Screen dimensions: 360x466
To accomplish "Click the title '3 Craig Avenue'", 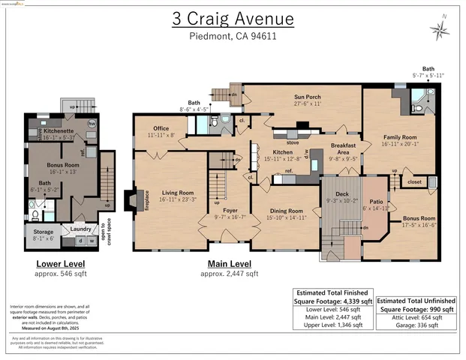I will point(232,19).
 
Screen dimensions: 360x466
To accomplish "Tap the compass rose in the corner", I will point(439,28).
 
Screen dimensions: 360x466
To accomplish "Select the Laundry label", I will point(80,228).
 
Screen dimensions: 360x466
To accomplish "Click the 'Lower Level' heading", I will point(61,264).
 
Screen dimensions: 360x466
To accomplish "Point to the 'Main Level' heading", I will point(229,264).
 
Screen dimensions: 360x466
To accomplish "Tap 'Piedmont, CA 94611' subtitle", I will point(232,35).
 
